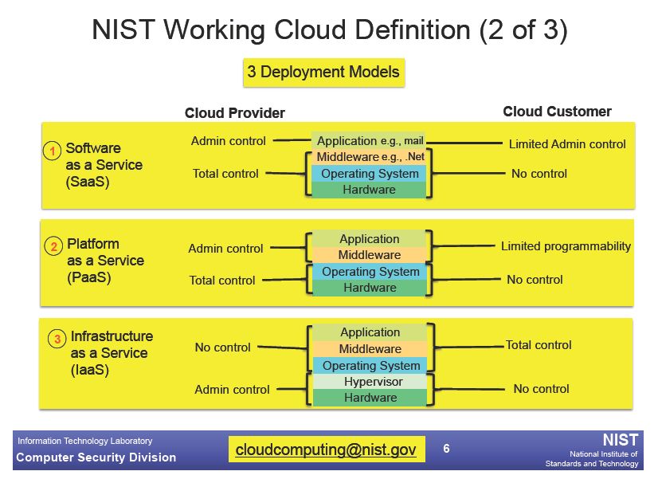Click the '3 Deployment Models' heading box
(x=324, y=73)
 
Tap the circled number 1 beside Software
(x=53, y=151)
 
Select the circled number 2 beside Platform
(x=53, y=246)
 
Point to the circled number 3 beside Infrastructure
(x=57, y=339)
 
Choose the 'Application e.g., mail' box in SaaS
(x=370, y=140)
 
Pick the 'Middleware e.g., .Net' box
(x=370, y=157)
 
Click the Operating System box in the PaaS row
(x=370, y=272)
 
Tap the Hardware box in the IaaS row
(x=370, y=398)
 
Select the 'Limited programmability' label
(x=566, y=246)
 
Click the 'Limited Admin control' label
(x=567, y=144)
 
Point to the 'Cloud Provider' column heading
(x=234, y=113)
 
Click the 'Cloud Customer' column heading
(x=557, y=112)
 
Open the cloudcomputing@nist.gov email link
(x=326, y=450)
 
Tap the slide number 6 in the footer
(x=446, y=449)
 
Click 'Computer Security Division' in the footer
(x=96, y=457)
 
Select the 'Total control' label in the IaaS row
(x=539, y=345)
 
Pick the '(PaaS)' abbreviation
(x=89, y=277)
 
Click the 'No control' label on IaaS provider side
(x=222, y=347)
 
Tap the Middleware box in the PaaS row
(x=370, y=255)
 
